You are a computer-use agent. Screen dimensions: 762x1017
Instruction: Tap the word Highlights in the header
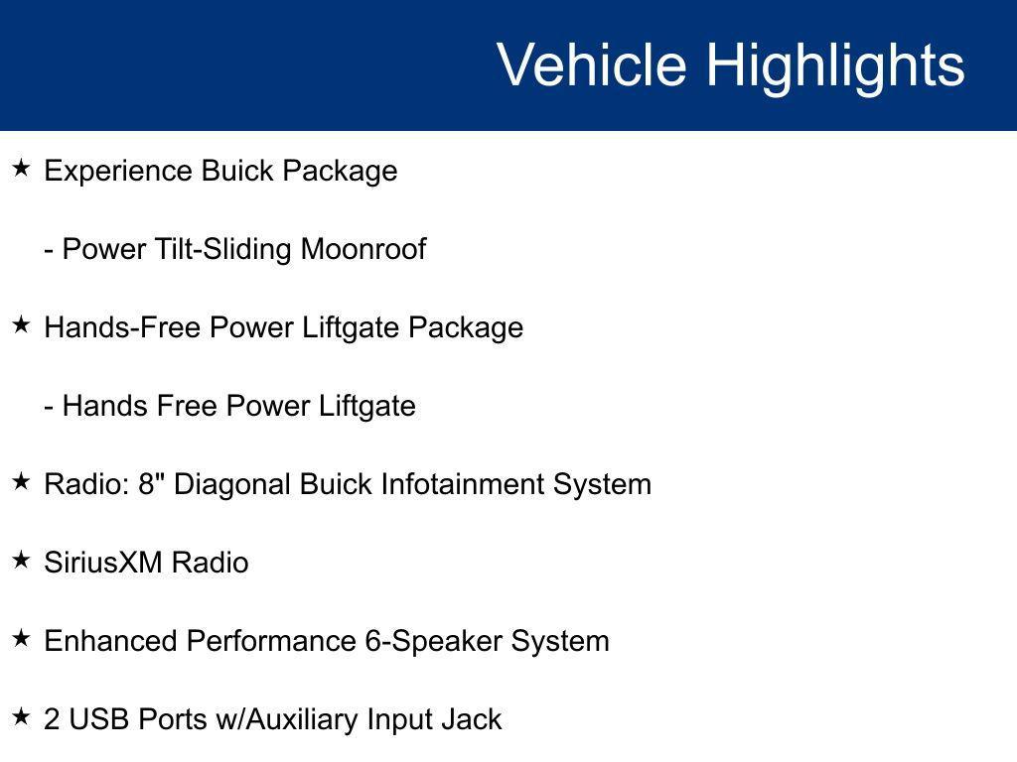pyautogui.click(x=835, y=65)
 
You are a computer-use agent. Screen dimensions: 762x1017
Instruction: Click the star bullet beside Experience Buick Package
pyautogui.click(x=21, y=169)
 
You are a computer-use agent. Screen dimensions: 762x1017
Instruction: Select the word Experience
pyautogui.click(x=119, y=171)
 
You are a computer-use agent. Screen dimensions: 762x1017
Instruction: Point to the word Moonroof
pyautogui.click(x=363, y=249)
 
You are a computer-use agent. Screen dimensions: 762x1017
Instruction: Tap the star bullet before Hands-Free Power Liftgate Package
pyautogui.click(x=21, y=325)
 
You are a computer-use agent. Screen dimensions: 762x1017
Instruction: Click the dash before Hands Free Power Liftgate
pyautogui.click(x=49, y=407)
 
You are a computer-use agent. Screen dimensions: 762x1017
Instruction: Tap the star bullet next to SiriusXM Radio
pyautogui.click(x=21, y=561)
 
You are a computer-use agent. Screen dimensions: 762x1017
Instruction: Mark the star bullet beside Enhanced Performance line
pyautogui.click(x=21, y=639)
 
